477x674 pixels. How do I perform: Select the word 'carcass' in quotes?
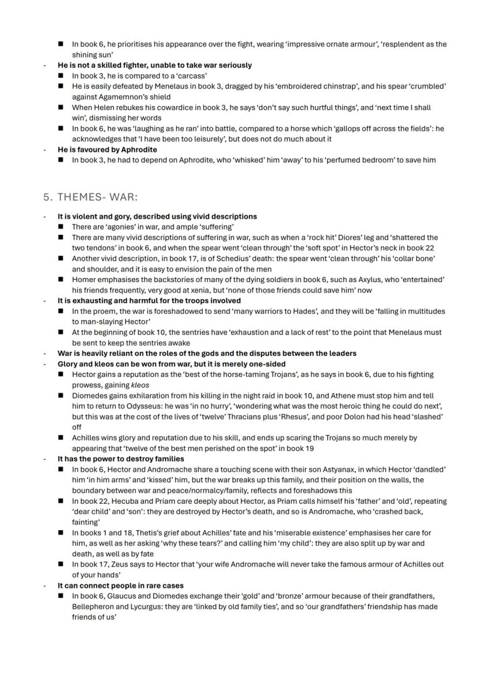click(192, 75)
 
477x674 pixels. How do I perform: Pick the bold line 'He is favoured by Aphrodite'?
click(107, 149)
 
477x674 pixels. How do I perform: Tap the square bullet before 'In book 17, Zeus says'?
click(61, 565)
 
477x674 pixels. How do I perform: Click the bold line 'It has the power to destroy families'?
click(120, 459)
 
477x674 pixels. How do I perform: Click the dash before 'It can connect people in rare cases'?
click(45, 585)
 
